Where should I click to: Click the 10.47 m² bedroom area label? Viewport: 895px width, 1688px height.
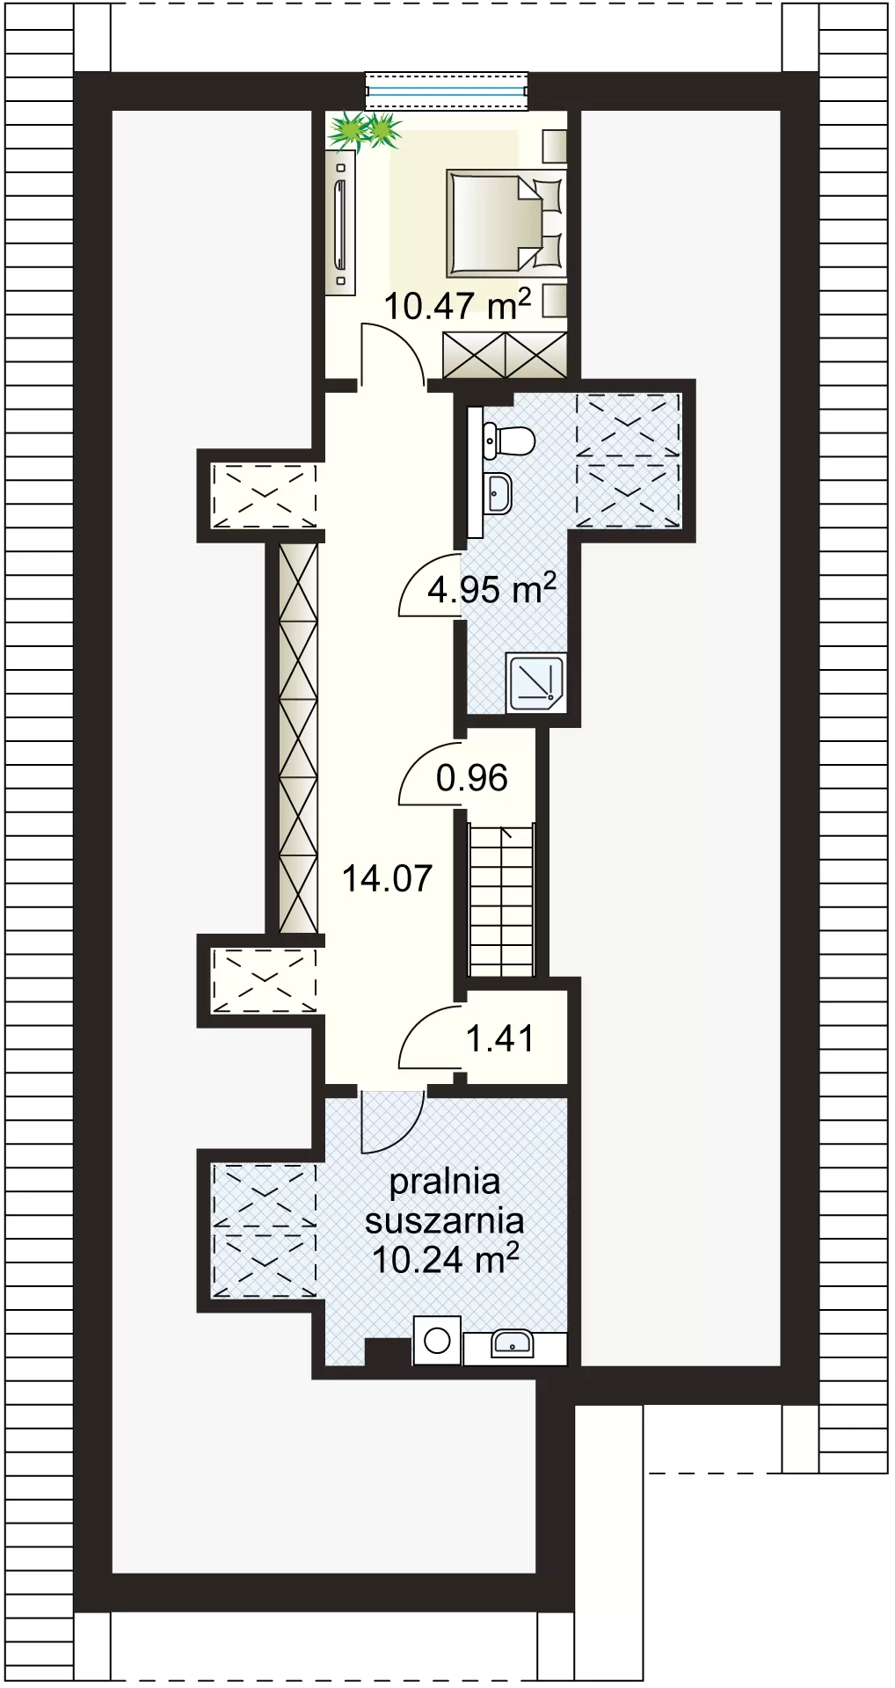[457, 305]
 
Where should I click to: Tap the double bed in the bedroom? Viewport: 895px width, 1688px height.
[505, 223]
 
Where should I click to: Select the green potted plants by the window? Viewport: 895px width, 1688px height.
[364, 131]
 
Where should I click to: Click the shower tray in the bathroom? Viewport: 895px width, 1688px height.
[536, 682]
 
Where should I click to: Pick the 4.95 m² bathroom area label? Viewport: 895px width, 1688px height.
[492, 588]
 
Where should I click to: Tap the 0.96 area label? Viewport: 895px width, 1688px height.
[472, 778]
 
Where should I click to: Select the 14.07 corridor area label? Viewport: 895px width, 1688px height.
[387, 878]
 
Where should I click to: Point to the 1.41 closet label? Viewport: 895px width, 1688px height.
[500, 1038]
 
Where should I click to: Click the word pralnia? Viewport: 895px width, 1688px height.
[445, 1182]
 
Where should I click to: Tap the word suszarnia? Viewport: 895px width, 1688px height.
[445, 1220]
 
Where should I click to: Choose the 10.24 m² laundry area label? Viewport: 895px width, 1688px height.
[445, 1259]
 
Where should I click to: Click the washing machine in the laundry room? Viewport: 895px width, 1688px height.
[437, 1341]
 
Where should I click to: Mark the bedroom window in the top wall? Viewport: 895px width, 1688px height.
[447, 91]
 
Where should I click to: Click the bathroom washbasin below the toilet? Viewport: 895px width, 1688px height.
[498, 492]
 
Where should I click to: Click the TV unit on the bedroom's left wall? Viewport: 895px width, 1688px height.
[340, 222]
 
